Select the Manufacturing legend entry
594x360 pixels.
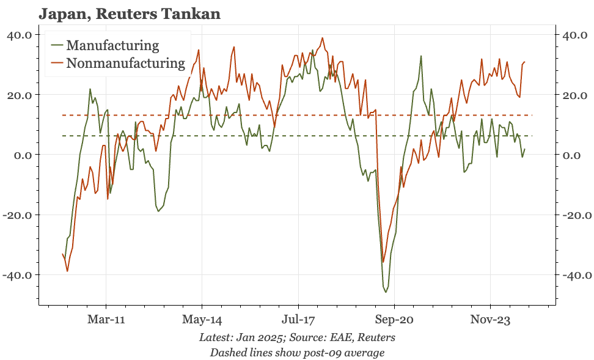pyautogui.click(x=112, y=45)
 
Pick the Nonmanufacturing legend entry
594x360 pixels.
pyautogui.click(x=125, y=63)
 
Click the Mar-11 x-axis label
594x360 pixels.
pyautogui.click(x=106, y=318)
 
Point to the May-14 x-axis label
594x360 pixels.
pyautogui.click(x=202, y=318)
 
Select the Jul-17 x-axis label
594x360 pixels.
pyautogui.click(x=298, y=318)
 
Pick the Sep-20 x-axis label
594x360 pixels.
pyautogui.click(x=395, y=318)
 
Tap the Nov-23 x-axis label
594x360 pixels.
pyautogui.click(x=491, y=318)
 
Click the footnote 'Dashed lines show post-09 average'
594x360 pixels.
pyautogui.click(x=297, y=352)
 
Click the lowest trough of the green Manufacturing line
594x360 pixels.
pyautogui.click(x=386, y=292)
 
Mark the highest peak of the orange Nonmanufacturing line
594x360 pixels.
pyautogui.click(x=323, y=38)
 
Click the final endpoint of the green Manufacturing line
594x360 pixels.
pyautogui.click(x=524, y=149)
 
